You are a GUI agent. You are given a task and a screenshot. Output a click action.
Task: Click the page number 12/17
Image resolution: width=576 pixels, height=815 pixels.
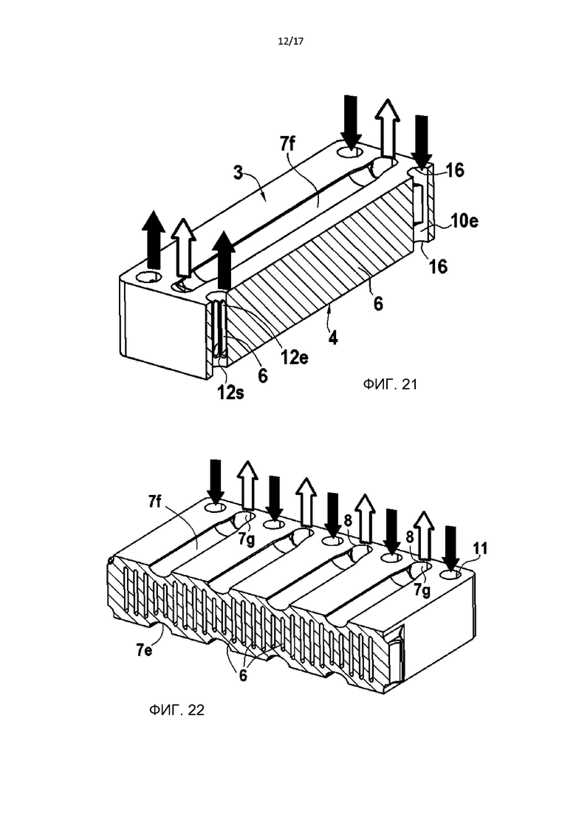click(290, 42)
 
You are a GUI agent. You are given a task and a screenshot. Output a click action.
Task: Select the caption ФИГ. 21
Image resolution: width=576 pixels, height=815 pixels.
click(390, 384)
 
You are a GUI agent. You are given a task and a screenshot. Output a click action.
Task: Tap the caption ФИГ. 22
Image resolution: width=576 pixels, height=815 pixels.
click(176, 709)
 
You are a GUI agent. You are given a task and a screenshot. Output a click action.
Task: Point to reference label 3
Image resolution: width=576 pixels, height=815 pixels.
click(239, 173)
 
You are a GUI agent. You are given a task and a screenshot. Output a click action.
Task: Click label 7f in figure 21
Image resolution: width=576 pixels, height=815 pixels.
click(287, 144)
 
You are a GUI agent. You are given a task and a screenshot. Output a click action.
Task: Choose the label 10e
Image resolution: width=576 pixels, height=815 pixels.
click(464, 221)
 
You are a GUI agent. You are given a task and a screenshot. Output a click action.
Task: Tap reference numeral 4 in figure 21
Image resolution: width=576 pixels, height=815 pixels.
click(333, 338)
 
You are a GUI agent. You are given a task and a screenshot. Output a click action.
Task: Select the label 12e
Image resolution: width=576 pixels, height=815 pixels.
click(295, 358)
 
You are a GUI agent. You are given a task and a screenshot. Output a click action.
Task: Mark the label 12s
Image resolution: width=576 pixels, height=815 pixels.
click(230, 393)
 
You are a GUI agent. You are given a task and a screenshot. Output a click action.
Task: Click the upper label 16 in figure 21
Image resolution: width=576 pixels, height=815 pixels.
click(455, 170)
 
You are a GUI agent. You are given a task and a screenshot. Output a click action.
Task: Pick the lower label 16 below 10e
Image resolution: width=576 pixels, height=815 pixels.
click(438, 266)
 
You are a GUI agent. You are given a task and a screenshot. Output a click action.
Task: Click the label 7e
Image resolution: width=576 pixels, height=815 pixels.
click(144, 649)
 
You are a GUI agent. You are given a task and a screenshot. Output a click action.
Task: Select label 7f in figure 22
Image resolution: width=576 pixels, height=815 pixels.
click(155, 502)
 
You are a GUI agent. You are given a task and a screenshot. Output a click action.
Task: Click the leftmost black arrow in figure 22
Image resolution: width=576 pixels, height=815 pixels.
click(216, 480)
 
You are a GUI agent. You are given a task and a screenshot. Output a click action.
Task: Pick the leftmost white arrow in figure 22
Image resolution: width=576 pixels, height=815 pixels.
click(247, 485)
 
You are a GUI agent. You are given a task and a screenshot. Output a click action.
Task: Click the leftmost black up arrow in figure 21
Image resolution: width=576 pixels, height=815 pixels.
click(154, 239)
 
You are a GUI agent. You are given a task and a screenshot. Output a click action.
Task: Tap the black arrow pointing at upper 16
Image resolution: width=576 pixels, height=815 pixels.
click(422, 141)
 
